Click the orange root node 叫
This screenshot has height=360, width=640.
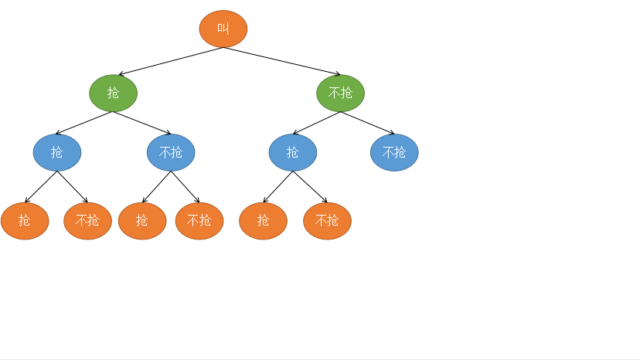[x=223, y=29]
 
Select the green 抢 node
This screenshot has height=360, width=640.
[x=113, y=93]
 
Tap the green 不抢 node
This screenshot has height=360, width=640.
[x=340, y=93]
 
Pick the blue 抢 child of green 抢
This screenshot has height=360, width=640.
[x=57, y=152]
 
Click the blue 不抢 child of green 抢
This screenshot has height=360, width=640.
[x=171, y=152]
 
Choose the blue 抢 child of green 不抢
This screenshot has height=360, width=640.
[x=293, y=152]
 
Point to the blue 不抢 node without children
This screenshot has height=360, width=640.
[x=394, y=152]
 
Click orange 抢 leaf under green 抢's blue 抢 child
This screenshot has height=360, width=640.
[x=25, y=221]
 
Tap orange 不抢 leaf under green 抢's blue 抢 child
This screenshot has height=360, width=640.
[x=87, y=221]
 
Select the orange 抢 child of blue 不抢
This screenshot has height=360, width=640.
[x=142, y=221]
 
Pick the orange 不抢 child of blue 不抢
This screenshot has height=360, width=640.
[x=199, y=221]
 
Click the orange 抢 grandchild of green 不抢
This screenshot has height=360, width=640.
[x=263, y=221]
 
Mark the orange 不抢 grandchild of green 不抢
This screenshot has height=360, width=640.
[x=327, y=221]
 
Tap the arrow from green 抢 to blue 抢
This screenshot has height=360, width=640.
[x=85, y=123]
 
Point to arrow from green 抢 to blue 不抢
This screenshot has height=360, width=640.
[x=142, y=123]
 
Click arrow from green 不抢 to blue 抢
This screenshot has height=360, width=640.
[x=317, y=123]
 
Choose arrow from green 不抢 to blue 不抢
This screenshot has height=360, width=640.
[x=367, y=123]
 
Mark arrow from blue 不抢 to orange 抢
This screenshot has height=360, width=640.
[x=157, y=187]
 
